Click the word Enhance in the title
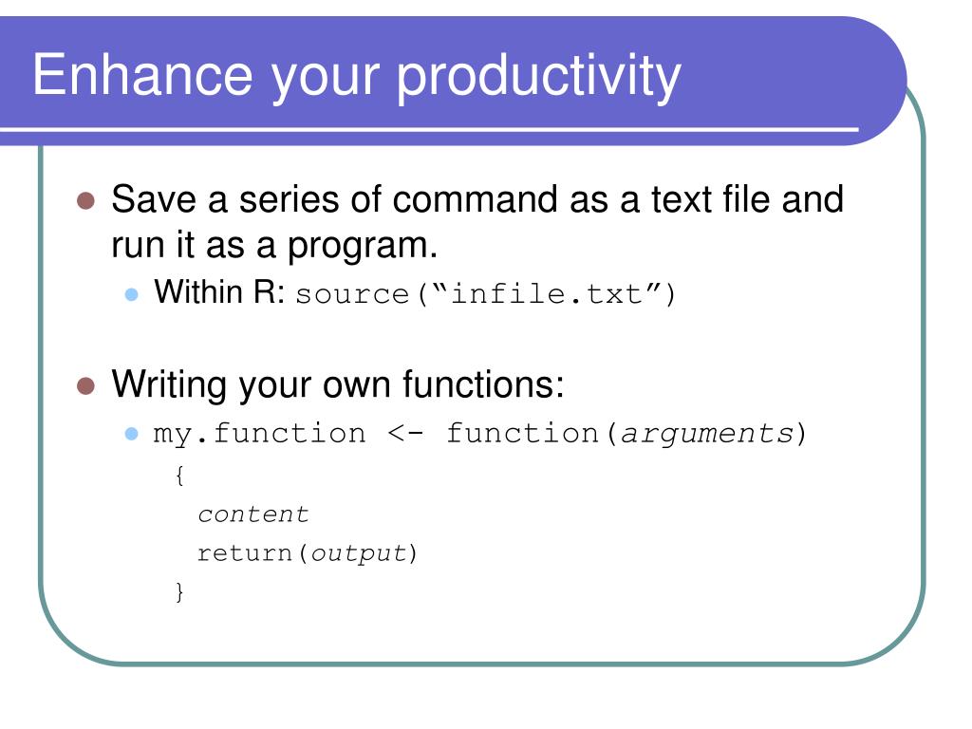pyautogui.click(x=142, y=75)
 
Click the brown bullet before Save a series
pyautogui.click(x=85, y=201)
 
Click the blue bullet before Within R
pyautogui.click(x=131, y=294)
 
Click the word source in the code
pyautogui.click(x=352, y=295)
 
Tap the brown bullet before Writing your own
pyautogui.click(x=85, y=385)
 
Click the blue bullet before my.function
pyautogui.click(x=131, y=433)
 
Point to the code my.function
pyautogui.click(x=259, y=433)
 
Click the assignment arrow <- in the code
pyautogui.click(x=405, y=433)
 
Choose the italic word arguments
pyautogui.click(x=707, y=434)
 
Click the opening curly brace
pyautogui.click(x=179, y=476)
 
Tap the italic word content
pyautogui.click(x=252, y=514)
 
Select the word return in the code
pyautogui.click(x=244, y=553)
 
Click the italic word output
pyautogui.click(x=358, y=553)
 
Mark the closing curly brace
pyautogui.click(x=179, y=592)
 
